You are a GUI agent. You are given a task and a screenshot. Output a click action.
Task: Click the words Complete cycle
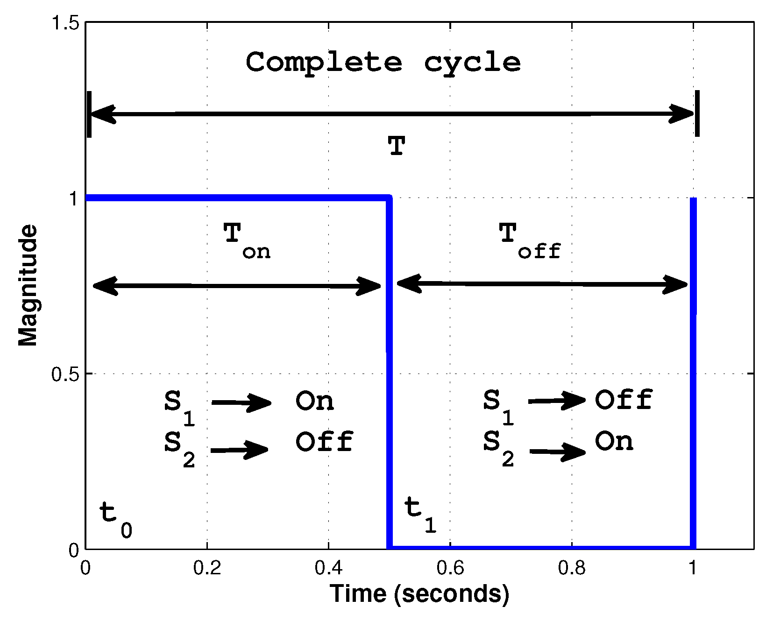tap(383, 63)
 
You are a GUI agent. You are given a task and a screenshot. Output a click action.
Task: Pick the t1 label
tap(420, 514)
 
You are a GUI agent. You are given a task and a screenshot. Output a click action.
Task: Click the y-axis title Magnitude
tap(28, 285)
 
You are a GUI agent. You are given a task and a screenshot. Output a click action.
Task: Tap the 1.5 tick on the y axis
tap(65, 23)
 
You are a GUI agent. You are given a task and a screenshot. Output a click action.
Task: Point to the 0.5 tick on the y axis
tap(65, 374)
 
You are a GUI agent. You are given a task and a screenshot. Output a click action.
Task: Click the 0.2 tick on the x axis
tap(207, 568)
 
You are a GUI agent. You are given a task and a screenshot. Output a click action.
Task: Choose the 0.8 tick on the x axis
tap(572, 568)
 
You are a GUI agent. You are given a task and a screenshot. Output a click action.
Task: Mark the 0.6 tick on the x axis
tap(450, 568)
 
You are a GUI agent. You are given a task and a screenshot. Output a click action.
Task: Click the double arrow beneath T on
tap(237, 286)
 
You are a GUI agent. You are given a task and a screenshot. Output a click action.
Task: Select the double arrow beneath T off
tap(542, 284)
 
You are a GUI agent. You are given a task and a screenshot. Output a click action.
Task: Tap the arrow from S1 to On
tap(241, 402)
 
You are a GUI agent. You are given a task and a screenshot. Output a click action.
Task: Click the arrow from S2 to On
tap(558, 452)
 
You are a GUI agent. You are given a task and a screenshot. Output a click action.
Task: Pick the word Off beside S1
tap(624, 400)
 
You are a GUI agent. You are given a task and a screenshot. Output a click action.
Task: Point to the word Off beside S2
tap(324, 442)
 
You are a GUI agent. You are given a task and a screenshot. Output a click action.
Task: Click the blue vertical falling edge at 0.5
tap(389, 374)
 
